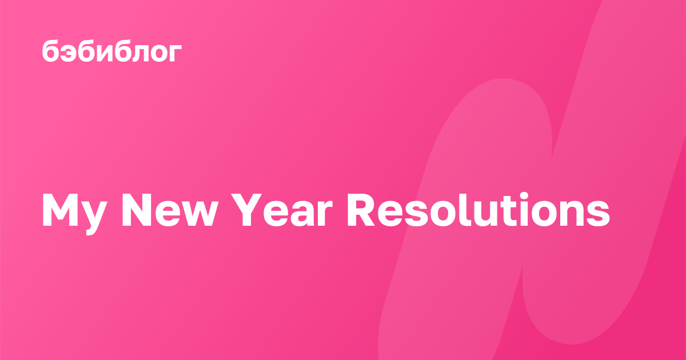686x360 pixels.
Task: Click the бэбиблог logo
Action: click(112, 51)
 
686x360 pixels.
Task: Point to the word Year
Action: click(282, 210)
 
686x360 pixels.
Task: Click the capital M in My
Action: click(60, 210)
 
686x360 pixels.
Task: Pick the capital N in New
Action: click(137, 210)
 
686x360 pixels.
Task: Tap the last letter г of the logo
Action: click(175, 53)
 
